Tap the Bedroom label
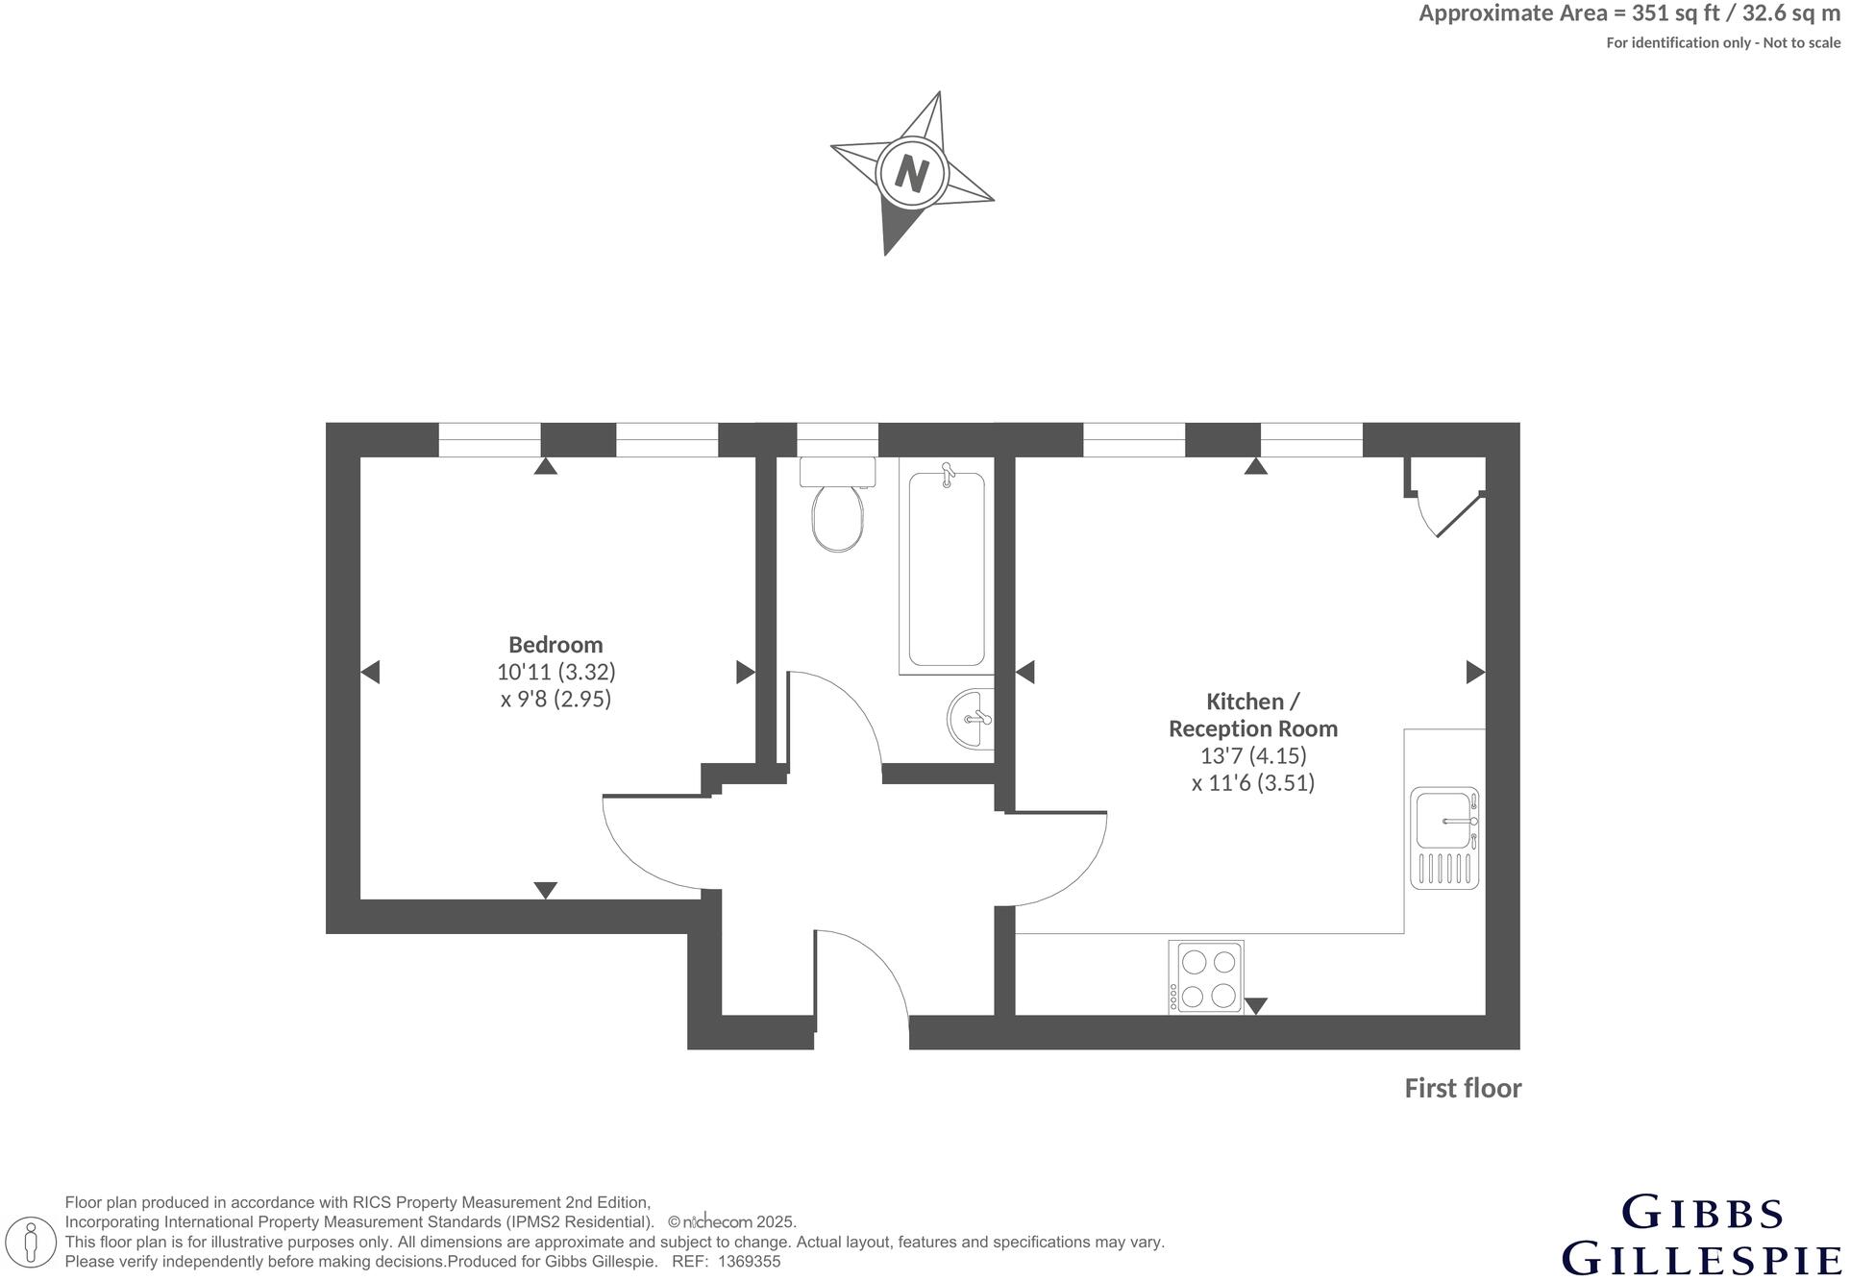click(556, 646)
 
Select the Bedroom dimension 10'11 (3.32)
click(556, 673)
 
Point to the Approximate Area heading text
click(1630, 13)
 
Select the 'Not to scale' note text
click(1805, 43)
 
